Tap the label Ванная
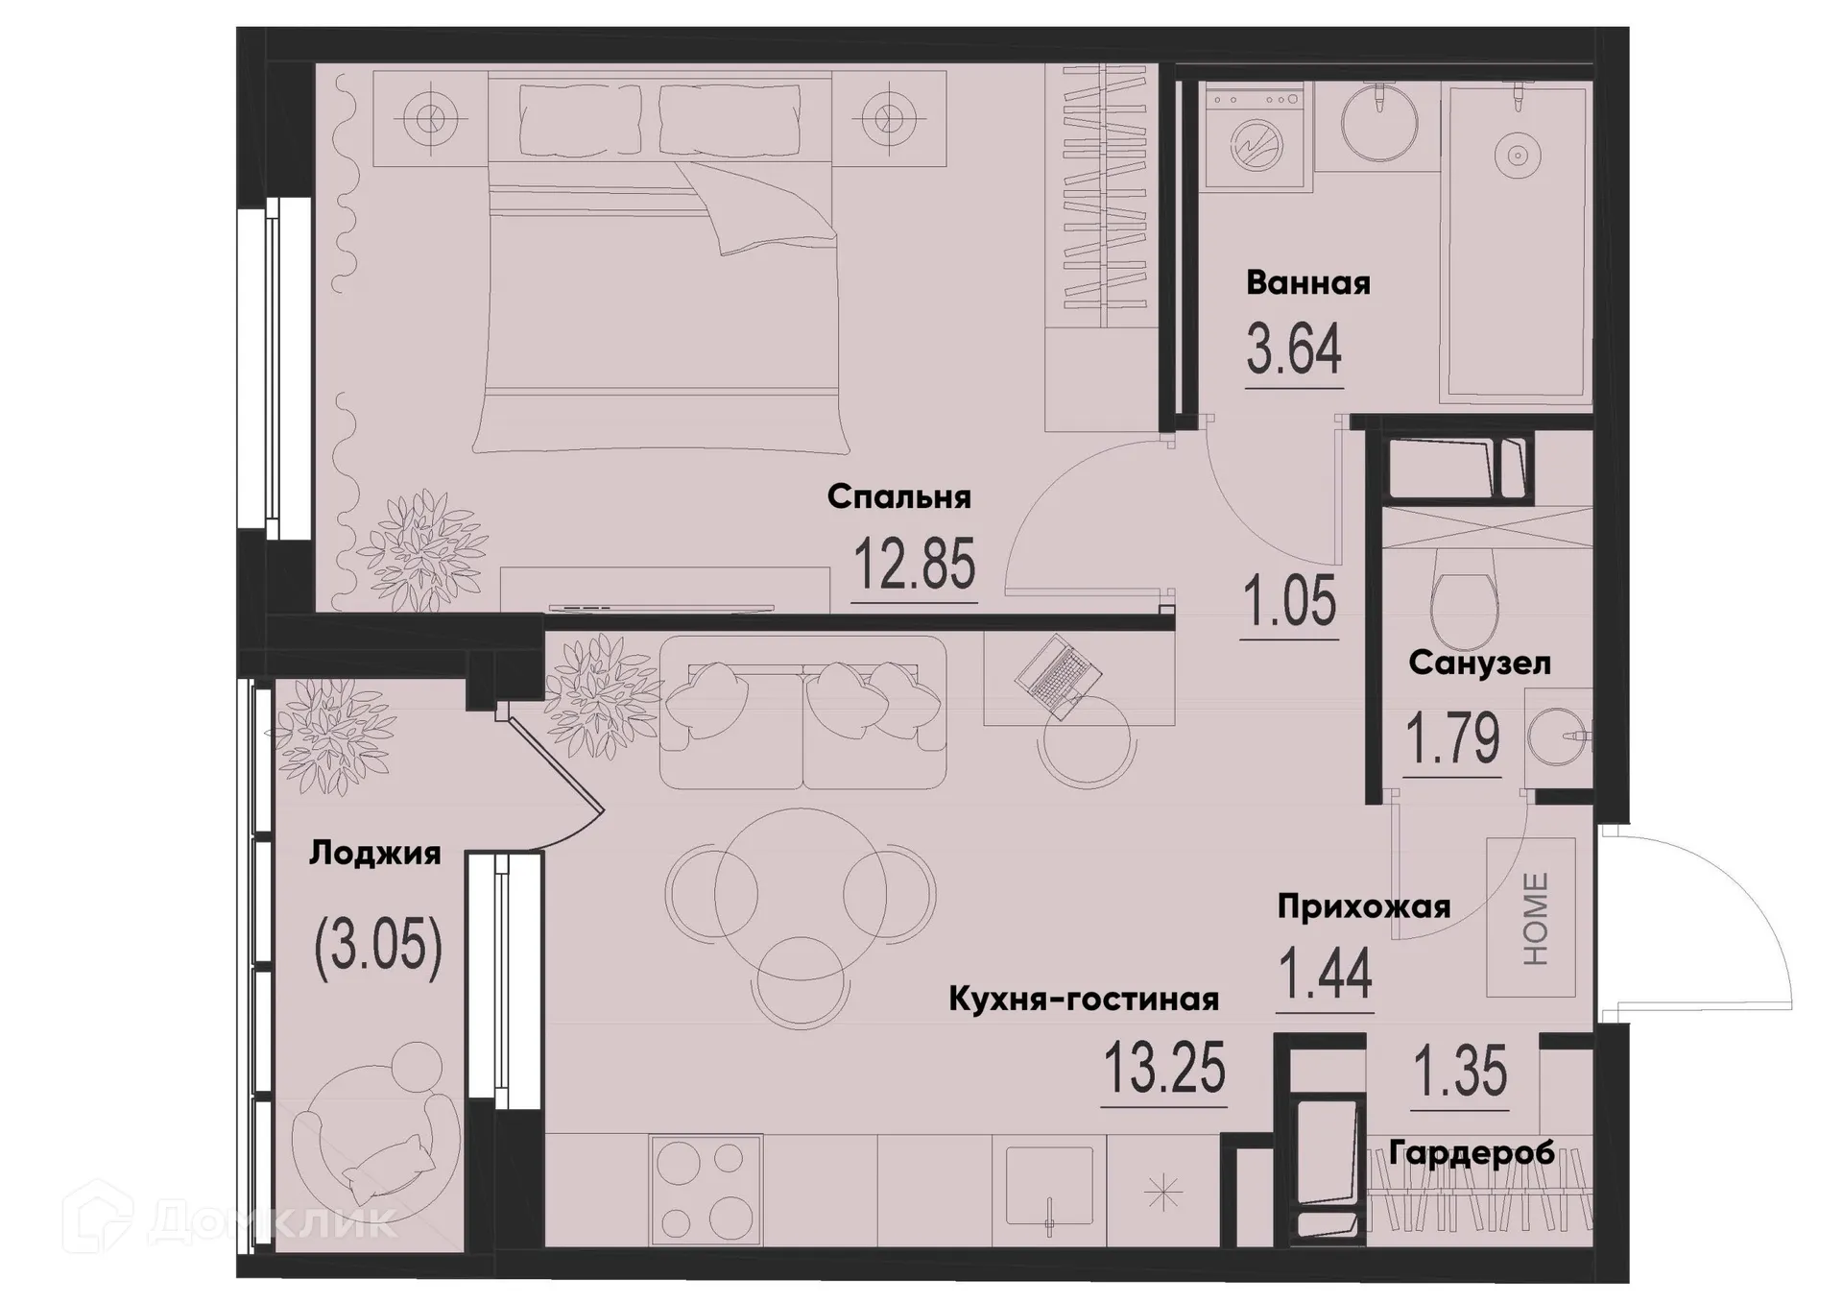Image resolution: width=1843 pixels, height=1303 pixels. pos(1307,283)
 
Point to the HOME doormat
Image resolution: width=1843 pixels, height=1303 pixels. pos(1532,918)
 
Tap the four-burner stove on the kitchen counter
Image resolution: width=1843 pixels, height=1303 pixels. pos(706,1192)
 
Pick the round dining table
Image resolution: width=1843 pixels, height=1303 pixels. pos(801,893)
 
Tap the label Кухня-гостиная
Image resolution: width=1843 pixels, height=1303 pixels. pos(1083,1000)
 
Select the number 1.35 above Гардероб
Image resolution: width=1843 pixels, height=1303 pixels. pos(1461,1072)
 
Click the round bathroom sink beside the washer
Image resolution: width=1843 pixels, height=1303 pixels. pos(1378,123)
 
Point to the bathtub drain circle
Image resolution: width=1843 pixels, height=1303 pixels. pos(1518,155)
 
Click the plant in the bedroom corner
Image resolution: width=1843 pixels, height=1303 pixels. pos(422,547)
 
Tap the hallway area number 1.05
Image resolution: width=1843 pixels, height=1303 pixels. pos(1289,601)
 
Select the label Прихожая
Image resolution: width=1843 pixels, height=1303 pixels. pos(1363,906)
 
